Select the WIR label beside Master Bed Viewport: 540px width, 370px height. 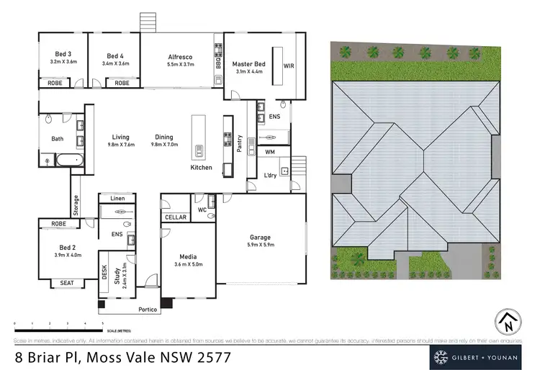click(x=289, y=66)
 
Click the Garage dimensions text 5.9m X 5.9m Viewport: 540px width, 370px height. click(x=260, y=245)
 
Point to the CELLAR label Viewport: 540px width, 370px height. click(x=176, y=217)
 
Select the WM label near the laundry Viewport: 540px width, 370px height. click(x=269, y=152)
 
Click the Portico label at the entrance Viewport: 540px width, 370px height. click(x=147, y=310)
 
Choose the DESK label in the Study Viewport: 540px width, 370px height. click(x=104, y=271)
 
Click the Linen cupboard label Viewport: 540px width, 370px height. click(x=117, y=198)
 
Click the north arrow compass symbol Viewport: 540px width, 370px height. click(x=507, y=321)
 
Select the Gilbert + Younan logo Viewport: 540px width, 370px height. click(x=480, y=356)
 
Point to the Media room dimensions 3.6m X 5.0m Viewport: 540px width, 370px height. click(x=187, y=264)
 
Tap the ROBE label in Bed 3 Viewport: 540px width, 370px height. click(x=54, y=83)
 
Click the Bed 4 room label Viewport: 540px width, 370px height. click(x=115, y=56)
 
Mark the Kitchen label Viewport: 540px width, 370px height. click(x=201, y=167)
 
